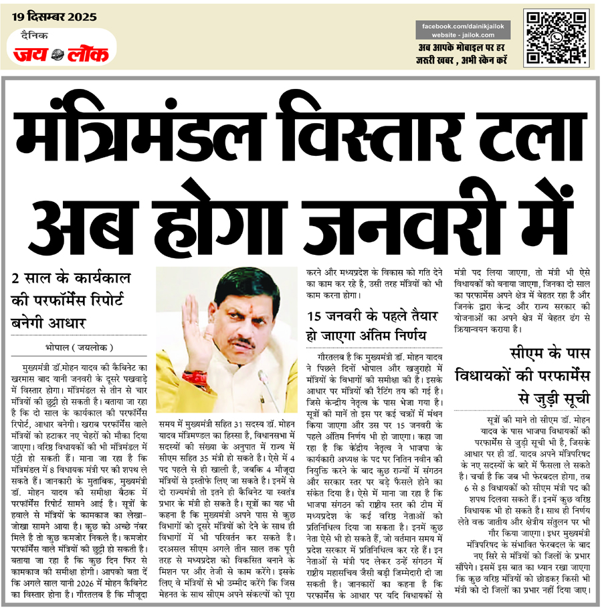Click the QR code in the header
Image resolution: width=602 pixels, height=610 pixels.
pos(558,37)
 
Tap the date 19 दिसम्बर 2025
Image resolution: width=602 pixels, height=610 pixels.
pos(54,16)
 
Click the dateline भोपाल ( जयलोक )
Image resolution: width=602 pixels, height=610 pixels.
pos(75,348)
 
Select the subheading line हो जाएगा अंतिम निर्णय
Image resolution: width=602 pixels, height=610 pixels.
pos(367,334)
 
